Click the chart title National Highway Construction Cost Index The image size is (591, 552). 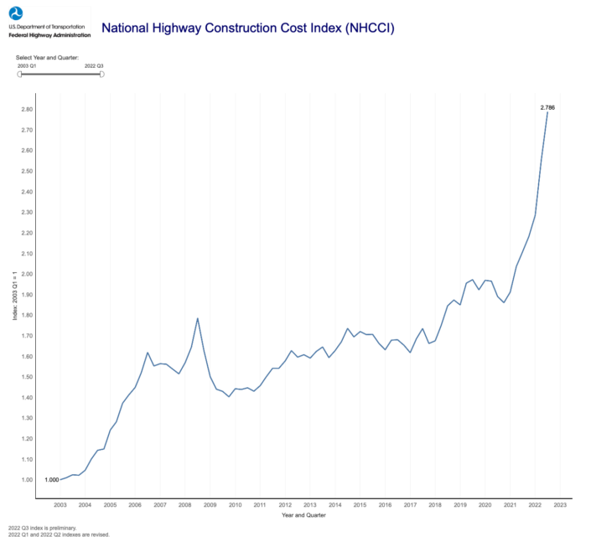247,28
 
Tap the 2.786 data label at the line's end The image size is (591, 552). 547,107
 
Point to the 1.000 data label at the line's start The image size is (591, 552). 51,480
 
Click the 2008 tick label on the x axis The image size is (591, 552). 185,505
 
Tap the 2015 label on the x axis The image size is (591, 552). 360,505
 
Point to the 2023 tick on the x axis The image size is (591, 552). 559,505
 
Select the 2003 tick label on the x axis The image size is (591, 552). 60,505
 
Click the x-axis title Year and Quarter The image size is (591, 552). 304,516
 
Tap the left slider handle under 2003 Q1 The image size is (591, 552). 20,74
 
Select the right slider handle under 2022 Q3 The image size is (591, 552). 101,74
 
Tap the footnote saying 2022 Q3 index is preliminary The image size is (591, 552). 42,528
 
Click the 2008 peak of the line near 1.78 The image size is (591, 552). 197,318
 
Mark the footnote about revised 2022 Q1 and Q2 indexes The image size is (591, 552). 59,534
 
